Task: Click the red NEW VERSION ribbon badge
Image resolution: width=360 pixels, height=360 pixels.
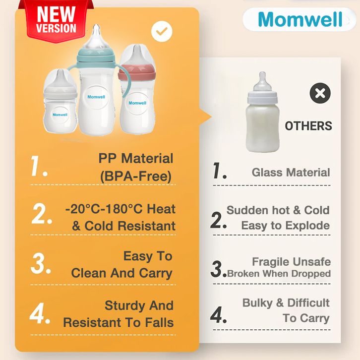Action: tap(56, 21)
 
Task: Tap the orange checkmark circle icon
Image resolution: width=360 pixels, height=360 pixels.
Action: tap(162, 31)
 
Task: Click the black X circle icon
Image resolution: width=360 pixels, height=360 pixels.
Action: tap(320, 93)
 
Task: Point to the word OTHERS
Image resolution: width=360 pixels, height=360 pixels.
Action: tap(308, 126)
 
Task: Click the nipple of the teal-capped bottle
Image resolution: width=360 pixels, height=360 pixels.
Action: tap(96, 37)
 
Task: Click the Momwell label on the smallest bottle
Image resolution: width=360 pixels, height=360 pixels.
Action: tap(60, 115)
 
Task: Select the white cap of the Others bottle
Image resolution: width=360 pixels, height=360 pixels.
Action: tap(262, 98)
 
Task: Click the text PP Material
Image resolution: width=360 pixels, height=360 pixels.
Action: tap(136, 158)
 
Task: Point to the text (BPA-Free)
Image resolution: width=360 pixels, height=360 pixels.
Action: tap(136, 177)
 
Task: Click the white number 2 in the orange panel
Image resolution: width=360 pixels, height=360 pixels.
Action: tap(42, 214)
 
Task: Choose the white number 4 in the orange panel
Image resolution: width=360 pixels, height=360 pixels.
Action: tap(40, 313)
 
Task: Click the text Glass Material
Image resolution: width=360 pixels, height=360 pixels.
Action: tap(291, 173)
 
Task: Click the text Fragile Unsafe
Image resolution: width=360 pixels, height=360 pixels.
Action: tap(292, 261)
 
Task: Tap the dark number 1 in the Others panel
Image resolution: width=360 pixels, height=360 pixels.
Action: tap(219, 171)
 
